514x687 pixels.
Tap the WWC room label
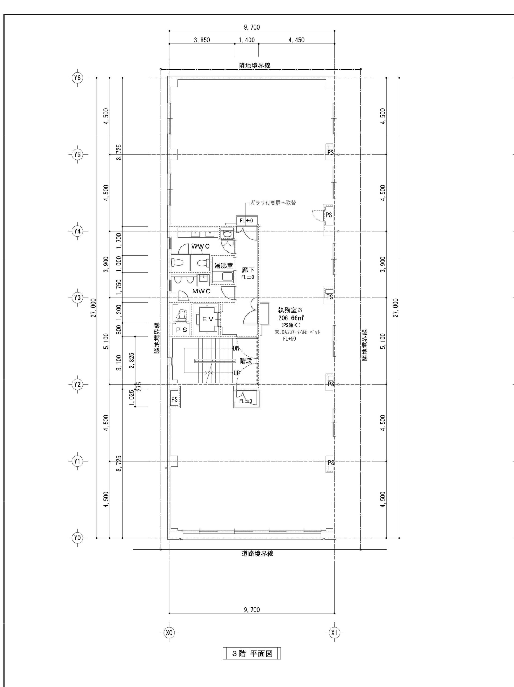pos(200,246)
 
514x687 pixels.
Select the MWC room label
pos(201,291)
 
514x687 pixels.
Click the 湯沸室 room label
pos(224,266)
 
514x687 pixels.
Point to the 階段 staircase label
pos(246,361)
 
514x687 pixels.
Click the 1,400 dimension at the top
pos(247,40)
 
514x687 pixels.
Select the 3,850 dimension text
pos(202,40)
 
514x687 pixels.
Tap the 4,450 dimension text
pos(297,40)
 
